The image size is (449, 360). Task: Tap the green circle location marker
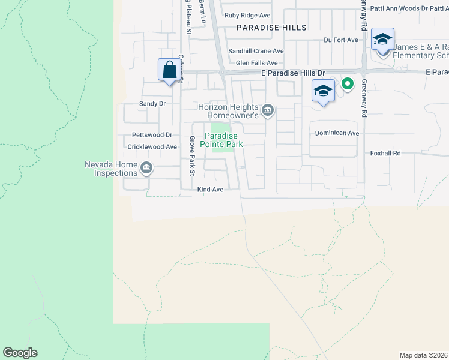click(347, 84)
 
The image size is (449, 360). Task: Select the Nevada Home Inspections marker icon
click(146, 169)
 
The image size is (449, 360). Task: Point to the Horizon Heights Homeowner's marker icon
click(268, 110)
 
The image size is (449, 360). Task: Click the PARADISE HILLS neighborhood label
click(271, 28)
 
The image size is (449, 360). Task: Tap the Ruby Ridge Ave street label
click(247, 16)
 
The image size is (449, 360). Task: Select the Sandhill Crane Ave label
click(259, 52)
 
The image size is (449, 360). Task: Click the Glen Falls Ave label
click(256, 62)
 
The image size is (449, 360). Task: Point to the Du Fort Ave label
click(340, 40)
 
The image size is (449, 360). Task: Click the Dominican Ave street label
click(337, 133)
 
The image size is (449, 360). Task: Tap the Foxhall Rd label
click(385, 154)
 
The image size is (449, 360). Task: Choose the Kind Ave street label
click(210, 190)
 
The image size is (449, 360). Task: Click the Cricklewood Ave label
click(152, 146)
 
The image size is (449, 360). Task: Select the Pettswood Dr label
click(152, 136)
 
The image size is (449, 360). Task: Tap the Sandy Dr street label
click(152, 103)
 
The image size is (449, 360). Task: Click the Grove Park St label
click(193, 156)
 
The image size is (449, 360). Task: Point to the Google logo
click(20, 353)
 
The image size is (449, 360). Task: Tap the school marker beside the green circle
click(323, 91)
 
